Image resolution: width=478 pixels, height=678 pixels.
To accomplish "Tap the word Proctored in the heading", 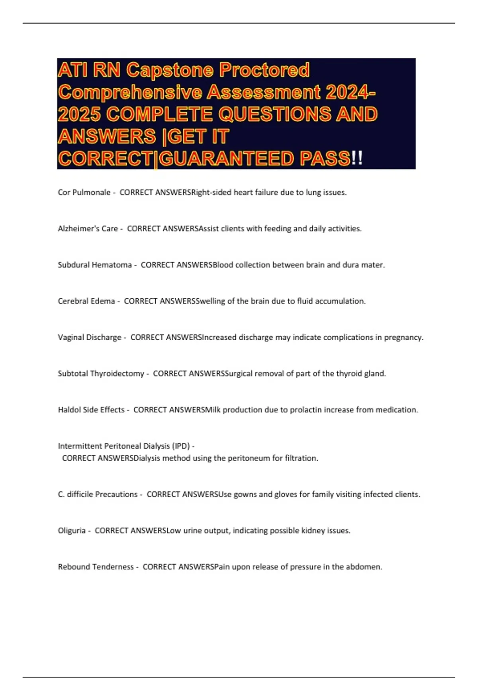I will (264, 70).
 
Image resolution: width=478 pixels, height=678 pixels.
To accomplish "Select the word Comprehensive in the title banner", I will (129, 93).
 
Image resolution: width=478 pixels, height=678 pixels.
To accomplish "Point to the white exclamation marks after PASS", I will (357, 159).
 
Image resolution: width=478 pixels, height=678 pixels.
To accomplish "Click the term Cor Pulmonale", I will (84, 193).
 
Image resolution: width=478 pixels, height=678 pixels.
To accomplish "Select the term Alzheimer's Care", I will (88, 229).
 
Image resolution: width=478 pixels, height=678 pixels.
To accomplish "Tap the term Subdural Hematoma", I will (94, 265).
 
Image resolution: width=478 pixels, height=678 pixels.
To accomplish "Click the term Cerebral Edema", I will (86, 301).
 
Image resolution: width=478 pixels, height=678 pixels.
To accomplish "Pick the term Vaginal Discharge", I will (89, 337).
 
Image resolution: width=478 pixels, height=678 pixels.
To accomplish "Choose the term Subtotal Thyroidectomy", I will (101, 374).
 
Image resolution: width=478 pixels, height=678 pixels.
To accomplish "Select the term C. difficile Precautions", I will (98, 495).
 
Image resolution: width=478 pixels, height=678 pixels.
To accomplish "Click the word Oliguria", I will (72, 531).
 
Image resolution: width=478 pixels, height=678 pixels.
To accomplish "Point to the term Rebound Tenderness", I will (96, 567).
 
